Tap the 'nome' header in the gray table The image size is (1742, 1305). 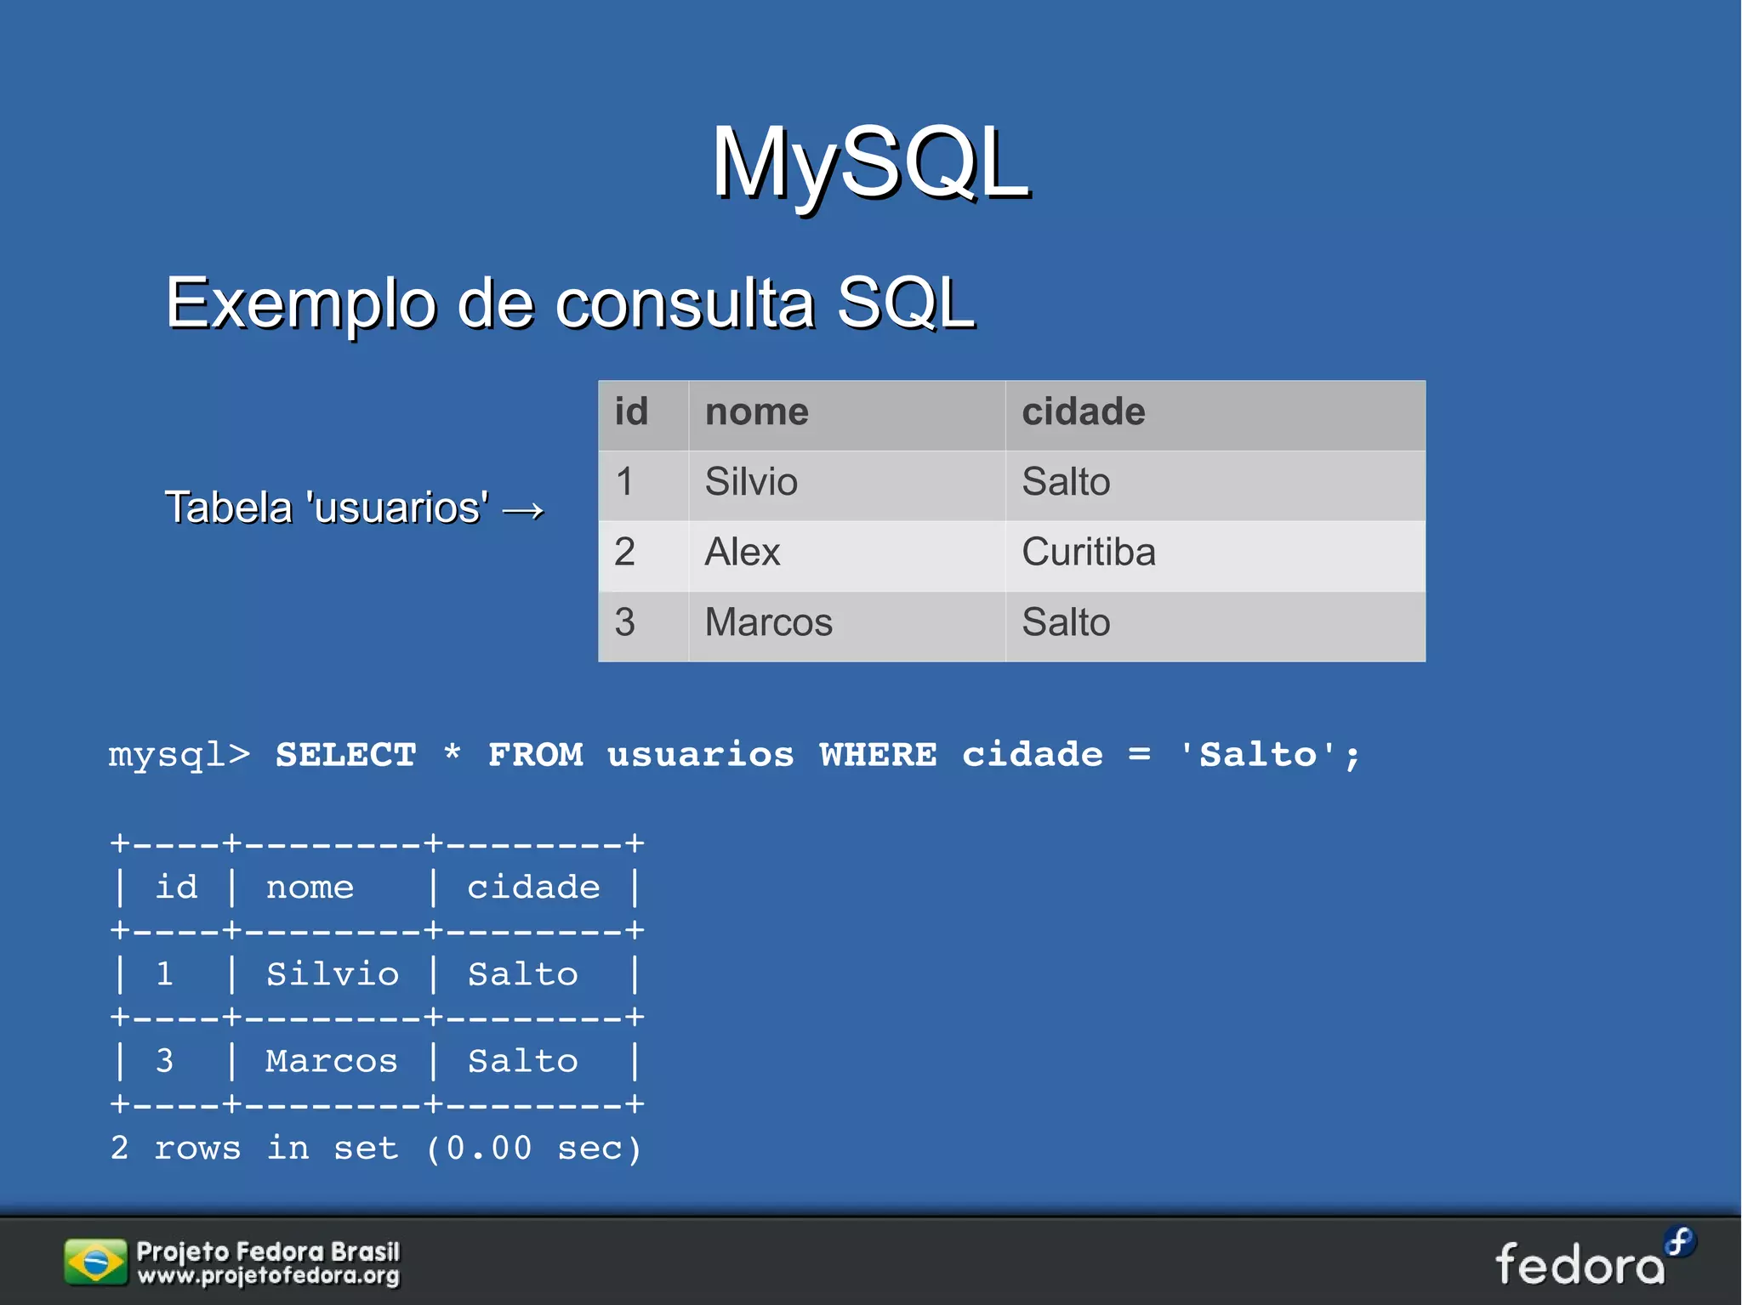pos(756,412)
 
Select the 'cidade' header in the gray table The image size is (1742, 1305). pos(1083,412)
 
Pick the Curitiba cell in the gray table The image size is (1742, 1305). pos(1088,553)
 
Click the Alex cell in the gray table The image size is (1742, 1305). pos(742,553)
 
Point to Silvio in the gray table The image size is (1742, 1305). pos(750,482)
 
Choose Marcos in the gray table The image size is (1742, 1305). pos(768,622)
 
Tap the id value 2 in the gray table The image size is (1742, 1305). pos(625,553)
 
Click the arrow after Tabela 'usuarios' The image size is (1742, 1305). pos(523,510)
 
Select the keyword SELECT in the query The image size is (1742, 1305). pos(345,755)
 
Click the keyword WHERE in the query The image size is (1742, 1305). pos(878,755)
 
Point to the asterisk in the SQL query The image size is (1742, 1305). pos(452,753)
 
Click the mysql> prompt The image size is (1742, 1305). pos(179,755)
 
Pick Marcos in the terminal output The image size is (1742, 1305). pos(331,1061)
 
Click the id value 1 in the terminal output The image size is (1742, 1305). pos(164,974)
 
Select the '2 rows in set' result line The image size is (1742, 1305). pos(374,1149)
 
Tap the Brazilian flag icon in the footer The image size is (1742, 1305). pos(95,1262)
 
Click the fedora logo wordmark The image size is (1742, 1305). pos(1580,1264)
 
